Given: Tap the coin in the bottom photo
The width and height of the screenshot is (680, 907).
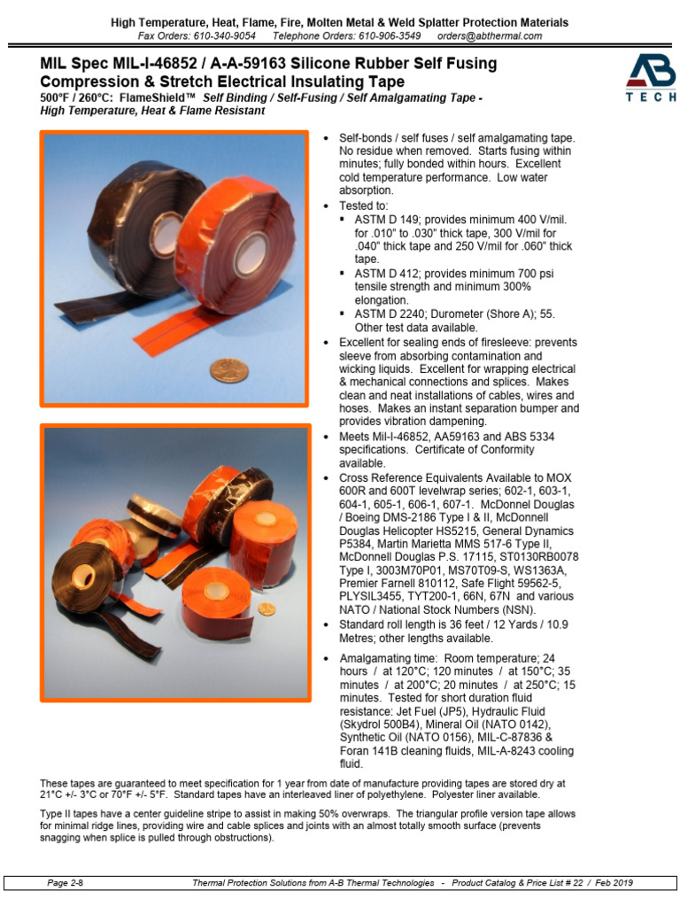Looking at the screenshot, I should (266, 609).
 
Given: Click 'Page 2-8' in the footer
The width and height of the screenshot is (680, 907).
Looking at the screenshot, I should (65, 883).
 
